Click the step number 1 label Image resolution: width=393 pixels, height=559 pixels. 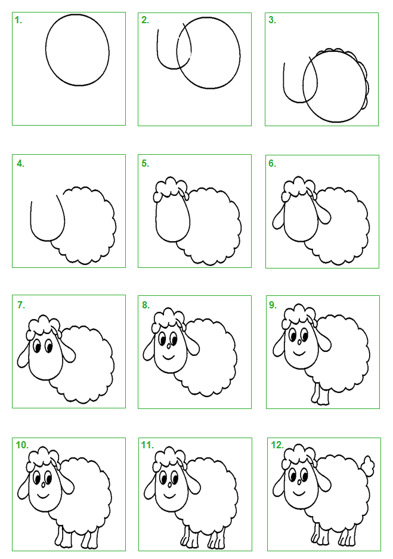click(18, 20)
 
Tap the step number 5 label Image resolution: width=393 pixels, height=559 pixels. click(145, 163)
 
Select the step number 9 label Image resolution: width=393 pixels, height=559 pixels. click(273, 305)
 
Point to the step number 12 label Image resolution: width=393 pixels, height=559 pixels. click(277, 445)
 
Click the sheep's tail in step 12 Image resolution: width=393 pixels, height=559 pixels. click(367, 465)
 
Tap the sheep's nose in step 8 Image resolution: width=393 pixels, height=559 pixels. click(169, 345)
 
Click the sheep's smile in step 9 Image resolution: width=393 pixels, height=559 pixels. click(299, 353)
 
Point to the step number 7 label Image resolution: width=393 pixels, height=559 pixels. click(21, 305)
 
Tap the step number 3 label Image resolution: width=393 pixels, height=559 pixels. click(273, 20)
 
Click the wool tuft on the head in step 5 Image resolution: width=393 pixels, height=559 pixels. click(170, 187)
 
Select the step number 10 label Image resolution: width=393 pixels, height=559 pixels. click(22, 445)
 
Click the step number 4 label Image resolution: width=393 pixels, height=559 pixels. click(21, 164)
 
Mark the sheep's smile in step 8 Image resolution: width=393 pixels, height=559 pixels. click(168, 357)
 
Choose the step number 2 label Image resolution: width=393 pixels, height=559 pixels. click(145, 20)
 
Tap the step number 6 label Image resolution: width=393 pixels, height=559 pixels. click(273, 163)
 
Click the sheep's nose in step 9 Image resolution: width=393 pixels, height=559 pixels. click(299, 342)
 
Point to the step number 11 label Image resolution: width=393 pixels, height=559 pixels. click(147, 445)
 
